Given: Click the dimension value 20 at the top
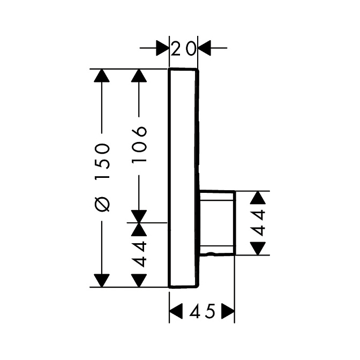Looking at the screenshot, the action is click(183, 48).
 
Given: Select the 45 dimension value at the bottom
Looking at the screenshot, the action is click(202, 311).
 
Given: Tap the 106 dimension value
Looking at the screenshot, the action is click(139, 144).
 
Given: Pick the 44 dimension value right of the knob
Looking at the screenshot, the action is click(258, 223).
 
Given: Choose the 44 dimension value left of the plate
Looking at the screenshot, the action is click(139, 254).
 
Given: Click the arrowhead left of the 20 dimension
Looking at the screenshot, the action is click(162, 48).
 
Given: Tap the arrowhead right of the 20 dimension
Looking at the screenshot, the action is click(204, 48).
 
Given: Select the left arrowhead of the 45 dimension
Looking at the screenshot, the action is click(176, 311).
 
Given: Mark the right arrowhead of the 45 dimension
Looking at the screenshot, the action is click(228, 311).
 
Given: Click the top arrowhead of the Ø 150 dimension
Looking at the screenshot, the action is click(102, 76).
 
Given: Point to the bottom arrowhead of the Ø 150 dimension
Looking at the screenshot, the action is click(102, 281).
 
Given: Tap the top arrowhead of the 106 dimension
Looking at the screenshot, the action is click(139, 76).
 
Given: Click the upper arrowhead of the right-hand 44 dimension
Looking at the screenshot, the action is click(258, 198).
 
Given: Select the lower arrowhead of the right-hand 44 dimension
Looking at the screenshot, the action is click(258, 249).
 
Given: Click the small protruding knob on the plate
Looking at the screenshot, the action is click(217, 223).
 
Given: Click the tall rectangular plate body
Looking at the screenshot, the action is click(183, 178).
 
